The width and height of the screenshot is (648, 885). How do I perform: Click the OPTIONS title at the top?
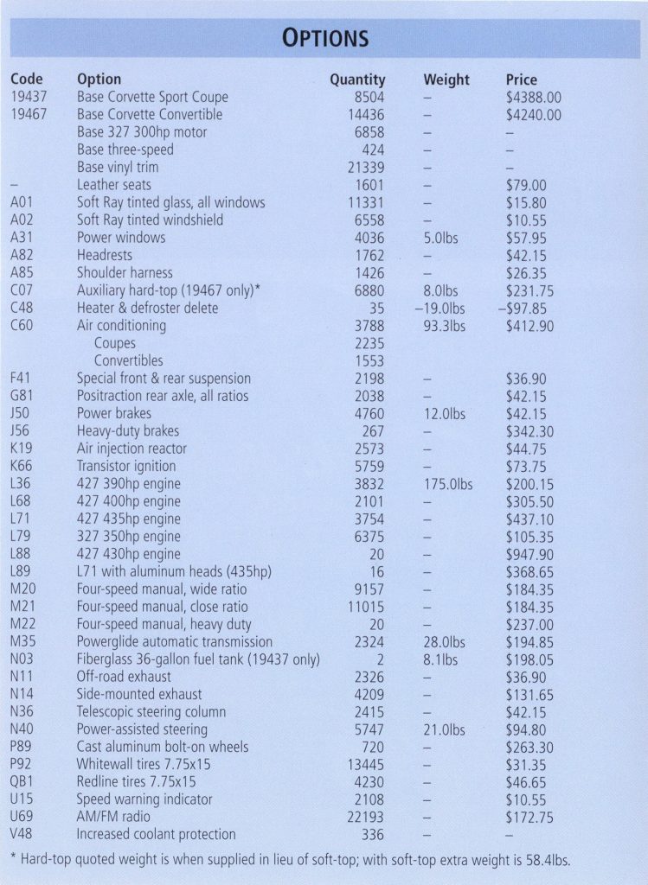pos(324,38)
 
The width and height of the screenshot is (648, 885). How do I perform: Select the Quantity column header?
pos(357,80)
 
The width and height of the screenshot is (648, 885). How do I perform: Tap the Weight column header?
pos(446,80)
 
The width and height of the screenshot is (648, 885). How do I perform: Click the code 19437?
pos(29,97)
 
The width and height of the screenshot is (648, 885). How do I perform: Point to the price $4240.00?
pos(533,115)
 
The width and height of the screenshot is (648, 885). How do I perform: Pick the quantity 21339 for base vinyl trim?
pos(366,168)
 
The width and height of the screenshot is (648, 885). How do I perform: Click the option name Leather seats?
pos(114,185)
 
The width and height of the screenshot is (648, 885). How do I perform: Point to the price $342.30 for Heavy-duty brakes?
pos(529,431)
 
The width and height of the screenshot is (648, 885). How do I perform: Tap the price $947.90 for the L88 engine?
pos(529,554)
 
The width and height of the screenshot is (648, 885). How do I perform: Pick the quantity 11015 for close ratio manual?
pos(366,607)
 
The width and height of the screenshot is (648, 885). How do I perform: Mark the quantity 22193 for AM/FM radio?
pos(366,817)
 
